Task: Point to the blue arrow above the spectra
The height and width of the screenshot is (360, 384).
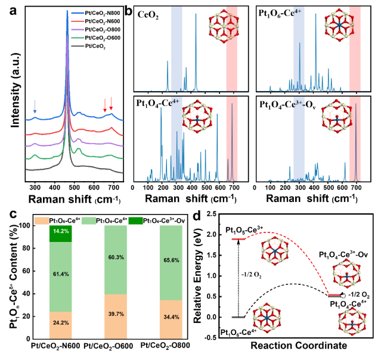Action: tap(35, 107)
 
